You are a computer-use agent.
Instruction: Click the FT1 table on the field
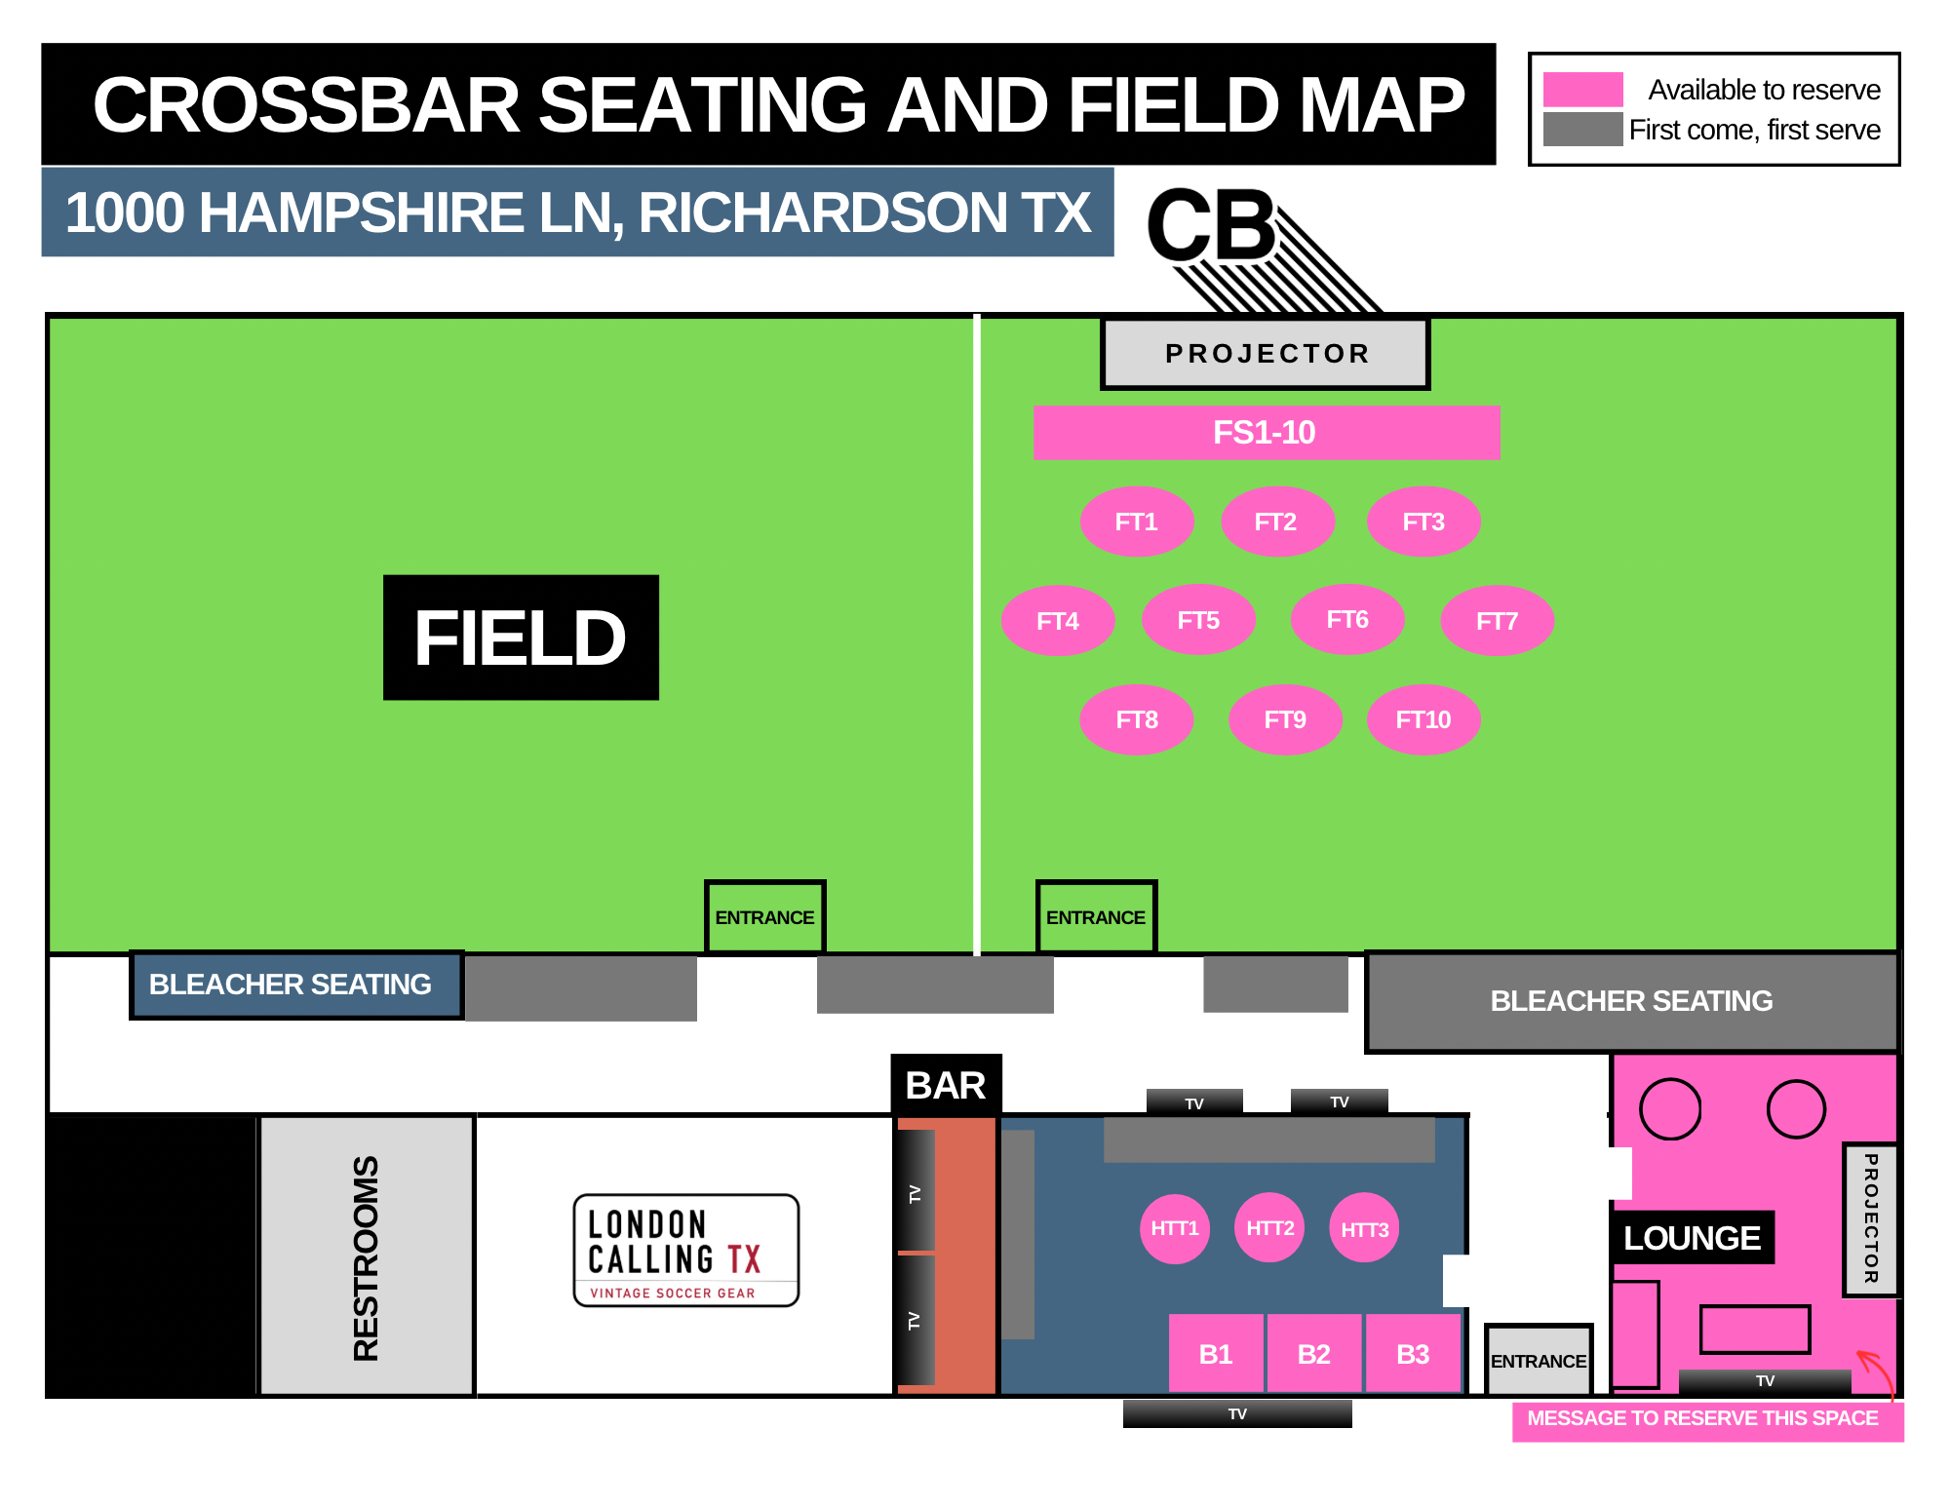[x=1136, y=522]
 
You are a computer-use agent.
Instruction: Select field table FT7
[x=1497, y=621]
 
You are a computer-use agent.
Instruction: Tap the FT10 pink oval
[x=1423, y=719]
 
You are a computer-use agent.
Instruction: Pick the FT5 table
[x=1198, y=620]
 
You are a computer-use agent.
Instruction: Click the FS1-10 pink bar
[x=1266, y=432]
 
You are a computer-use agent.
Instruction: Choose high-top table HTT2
[x=1269, y=1228]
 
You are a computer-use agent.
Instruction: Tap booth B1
[x=1216, y=1353]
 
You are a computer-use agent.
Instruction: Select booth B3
[x=1413, y=1353]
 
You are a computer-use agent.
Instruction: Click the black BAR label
[x=946, y=1085]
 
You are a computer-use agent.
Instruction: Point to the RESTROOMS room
[x=366, y=1256]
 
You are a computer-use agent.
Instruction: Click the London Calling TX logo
[x=685, y=1250]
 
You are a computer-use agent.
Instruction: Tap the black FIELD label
[x=521, y=638]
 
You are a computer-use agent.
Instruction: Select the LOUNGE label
[x=1692, y=1238]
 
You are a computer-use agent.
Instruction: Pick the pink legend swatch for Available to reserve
[x=1582, y=90]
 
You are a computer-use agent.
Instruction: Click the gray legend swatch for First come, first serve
[x=1582, y=130]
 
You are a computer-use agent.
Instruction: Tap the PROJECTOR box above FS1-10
[x=1266, y=354]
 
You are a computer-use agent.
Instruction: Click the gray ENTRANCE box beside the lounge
[x=1538, y=1360]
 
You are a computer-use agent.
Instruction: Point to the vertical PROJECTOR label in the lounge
[x=1870, y=1219]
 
